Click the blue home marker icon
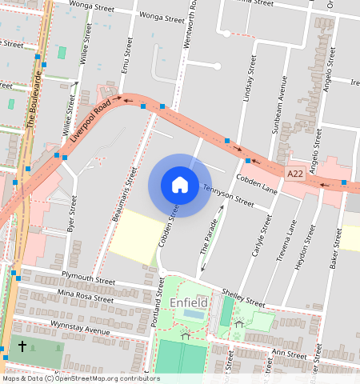[180, 186]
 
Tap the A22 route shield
[295, 173]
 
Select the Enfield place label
[189, 303]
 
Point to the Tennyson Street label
[228, 196]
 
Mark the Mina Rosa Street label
[86, 297]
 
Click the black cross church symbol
[22, 346]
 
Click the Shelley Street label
[244, 298]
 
